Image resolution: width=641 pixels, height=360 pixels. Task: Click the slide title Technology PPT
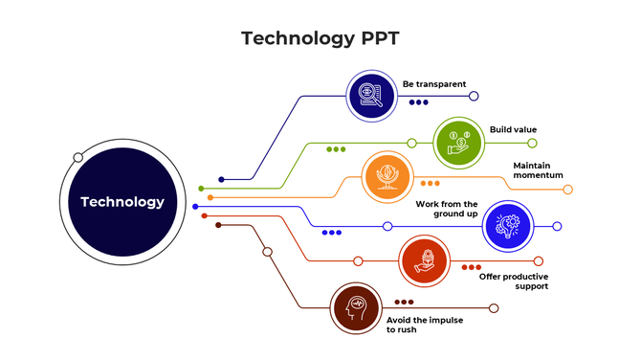coord(320,38)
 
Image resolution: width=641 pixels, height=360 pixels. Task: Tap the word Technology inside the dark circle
coord(122,202)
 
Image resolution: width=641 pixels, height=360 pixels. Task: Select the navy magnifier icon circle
coord(369,95)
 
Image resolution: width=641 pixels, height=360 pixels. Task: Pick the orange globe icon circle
coord(387,177)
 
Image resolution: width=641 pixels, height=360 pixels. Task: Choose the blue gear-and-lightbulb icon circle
coord(507,226)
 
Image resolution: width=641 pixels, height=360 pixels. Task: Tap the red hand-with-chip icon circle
coord(423,260)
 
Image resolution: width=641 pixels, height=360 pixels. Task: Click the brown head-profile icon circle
coord(356,308)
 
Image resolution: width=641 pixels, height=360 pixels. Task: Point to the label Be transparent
coord(433,84)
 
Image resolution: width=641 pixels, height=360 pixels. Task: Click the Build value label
coord(513,129)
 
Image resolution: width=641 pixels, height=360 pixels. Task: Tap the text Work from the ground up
coord(447,208)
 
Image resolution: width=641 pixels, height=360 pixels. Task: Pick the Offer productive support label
coord(514,281)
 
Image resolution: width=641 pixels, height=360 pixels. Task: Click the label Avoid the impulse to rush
coord(425,325)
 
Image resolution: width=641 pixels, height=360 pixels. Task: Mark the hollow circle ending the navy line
coord(474,96)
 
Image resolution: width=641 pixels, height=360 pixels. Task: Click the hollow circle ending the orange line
coord(567,190)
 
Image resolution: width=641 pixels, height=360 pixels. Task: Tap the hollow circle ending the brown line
coord(494,308)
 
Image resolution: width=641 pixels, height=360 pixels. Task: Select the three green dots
coord(336,149)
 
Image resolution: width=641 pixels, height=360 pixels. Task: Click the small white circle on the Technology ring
coord(78,157)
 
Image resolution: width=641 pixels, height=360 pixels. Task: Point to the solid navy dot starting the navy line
coord(222,179)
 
